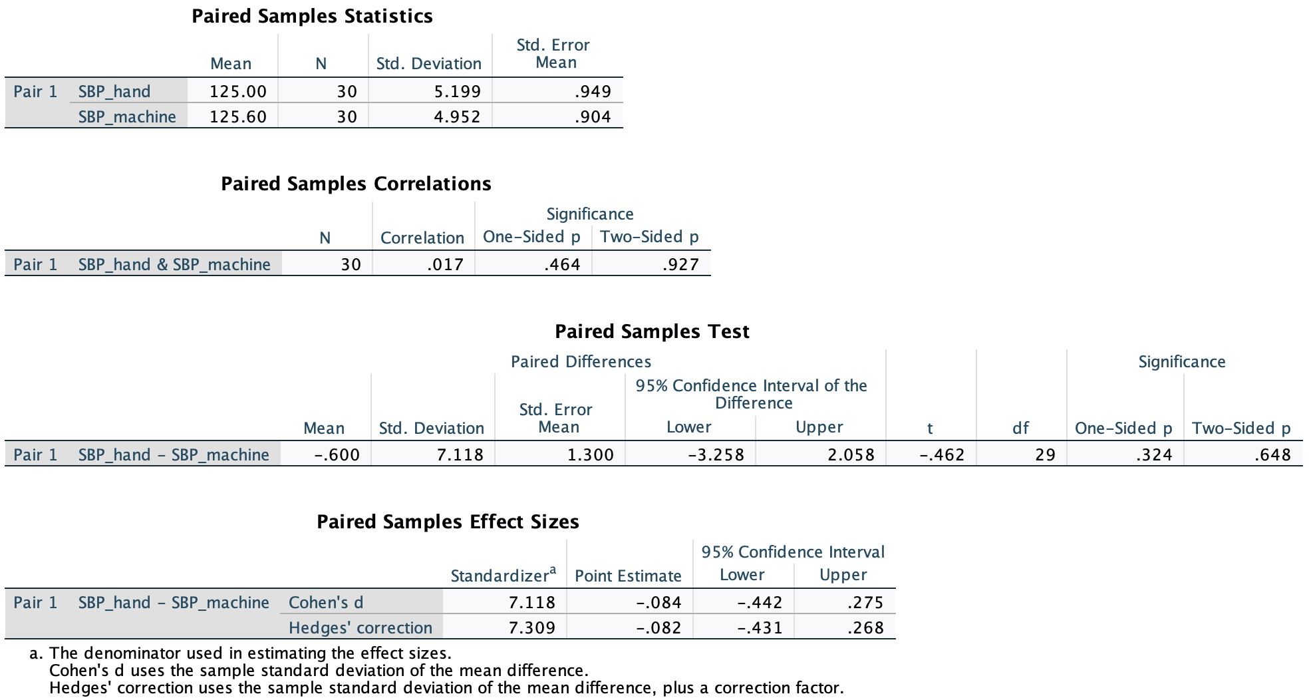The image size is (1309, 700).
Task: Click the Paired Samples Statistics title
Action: tap(312, 16)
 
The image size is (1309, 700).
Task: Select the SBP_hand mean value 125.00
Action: tap(237, 91)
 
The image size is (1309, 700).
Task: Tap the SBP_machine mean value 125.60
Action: tap(237, 116)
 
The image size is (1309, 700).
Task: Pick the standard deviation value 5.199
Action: tap(457, 91)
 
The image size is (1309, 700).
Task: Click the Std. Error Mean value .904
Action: tap(592, 116)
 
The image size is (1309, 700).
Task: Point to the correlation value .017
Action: tap(445, 264)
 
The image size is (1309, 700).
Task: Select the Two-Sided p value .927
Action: tap(680, 264)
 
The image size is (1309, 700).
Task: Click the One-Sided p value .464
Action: tap(562, 264)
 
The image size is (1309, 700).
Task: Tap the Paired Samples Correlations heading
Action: tap(356, 184)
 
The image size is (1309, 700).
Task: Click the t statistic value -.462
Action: tap(942, 454)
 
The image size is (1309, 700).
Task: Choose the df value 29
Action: tap(1045, 454)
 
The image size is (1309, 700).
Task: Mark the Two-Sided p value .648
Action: tap(1272, 454)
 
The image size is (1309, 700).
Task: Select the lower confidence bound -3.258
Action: tap(716, 454)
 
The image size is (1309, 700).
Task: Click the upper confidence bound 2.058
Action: tap(851, 454)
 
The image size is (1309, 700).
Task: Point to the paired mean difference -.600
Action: tap(337, 454)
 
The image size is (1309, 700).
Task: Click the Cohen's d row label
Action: tap(326, 602)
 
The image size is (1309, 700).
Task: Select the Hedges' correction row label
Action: tap(360, 627)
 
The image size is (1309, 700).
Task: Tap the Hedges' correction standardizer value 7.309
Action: tap(531, 627)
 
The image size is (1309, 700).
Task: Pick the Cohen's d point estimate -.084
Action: tap(658, 602)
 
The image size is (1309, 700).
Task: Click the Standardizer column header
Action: tap(503, 575)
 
